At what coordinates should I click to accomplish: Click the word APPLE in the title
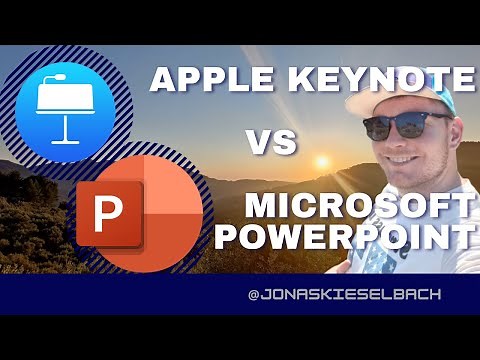[192, 80]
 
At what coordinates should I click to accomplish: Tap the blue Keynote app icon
[66, 100]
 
